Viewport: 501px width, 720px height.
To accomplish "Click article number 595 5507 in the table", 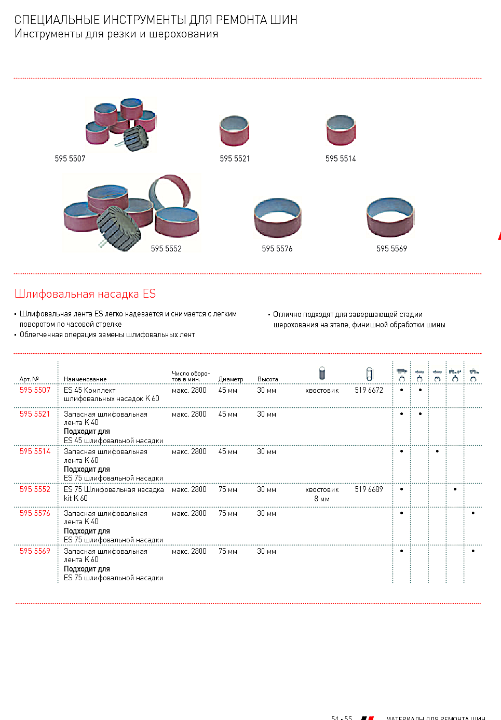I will [x=35, y=390].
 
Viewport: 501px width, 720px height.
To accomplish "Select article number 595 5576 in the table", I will [x=35, y=513].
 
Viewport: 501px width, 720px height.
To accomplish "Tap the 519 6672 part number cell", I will [x=369, y=390].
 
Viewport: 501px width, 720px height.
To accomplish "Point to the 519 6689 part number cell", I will [x=369, y=489].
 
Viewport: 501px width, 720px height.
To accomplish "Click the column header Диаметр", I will [x=231, y=379].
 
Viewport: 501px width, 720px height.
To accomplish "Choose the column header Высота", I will [x=267, y=379].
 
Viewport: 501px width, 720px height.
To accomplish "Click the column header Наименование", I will [x=85, y=379].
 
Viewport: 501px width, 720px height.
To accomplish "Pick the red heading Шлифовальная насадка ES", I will [x=85, y=294].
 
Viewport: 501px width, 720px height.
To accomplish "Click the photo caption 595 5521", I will [x=235, y=159].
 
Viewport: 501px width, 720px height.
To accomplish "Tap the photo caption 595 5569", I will [x=391, y=249].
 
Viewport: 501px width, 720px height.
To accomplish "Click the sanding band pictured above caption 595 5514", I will [x=341, y=130].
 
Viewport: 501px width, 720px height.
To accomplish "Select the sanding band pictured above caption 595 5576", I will [x=277, y=217].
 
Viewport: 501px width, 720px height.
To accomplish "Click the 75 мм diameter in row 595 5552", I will [x=227, y=489].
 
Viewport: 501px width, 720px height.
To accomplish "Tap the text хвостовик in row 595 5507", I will [x=322, y=391].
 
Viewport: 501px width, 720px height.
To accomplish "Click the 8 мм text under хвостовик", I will [x=322, y=499].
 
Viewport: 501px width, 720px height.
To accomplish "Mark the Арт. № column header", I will [x=29, y=379].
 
